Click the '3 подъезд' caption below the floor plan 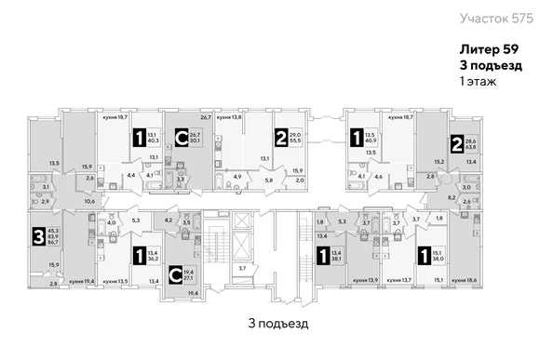pos(277,323)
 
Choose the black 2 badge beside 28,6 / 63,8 pos(456,143)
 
